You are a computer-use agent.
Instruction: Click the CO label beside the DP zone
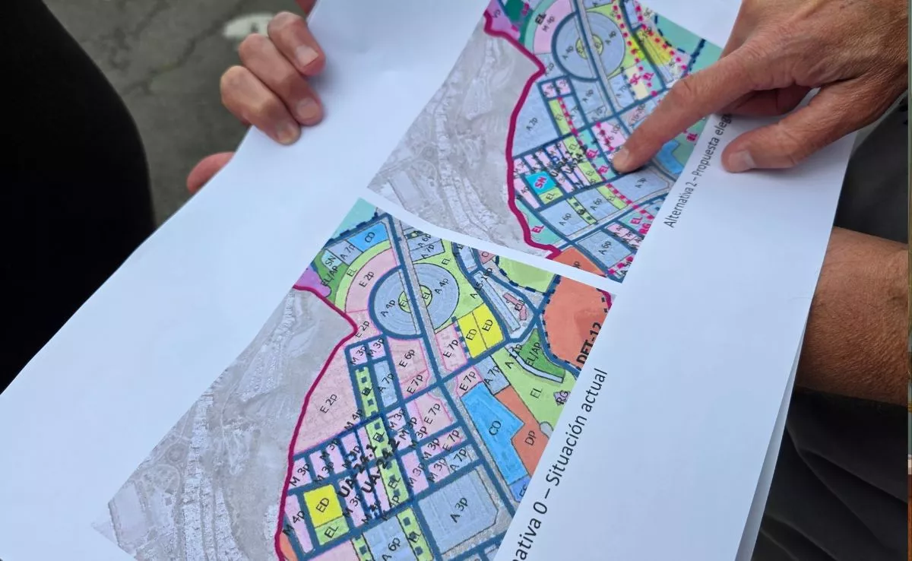(x=495, y=427)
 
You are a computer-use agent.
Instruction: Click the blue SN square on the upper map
(x=541, y=182)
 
